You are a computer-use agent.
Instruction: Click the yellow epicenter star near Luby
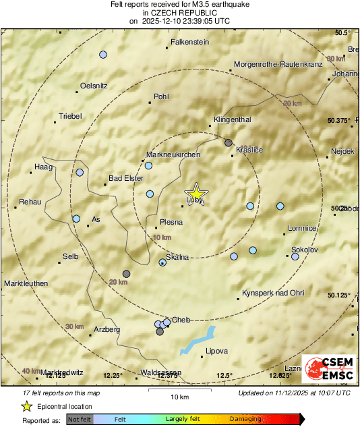pos(196,192)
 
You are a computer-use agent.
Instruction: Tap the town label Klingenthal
pos(232,119)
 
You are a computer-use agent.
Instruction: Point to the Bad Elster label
pos(126,179)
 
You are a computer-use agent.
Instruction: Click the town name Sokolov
pos(304,250)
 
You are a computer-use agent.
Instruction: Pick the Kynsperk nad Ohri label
pos(273,293)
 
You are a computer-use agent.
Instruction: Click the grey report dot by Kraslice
pos(229,143)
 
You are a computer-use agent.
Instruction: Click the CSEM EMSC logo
pos(328,369)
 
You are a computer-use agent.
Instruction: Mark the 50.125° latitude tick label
pos(339,295)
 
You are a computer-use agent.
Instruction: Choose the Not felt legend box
pos(79,419)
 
